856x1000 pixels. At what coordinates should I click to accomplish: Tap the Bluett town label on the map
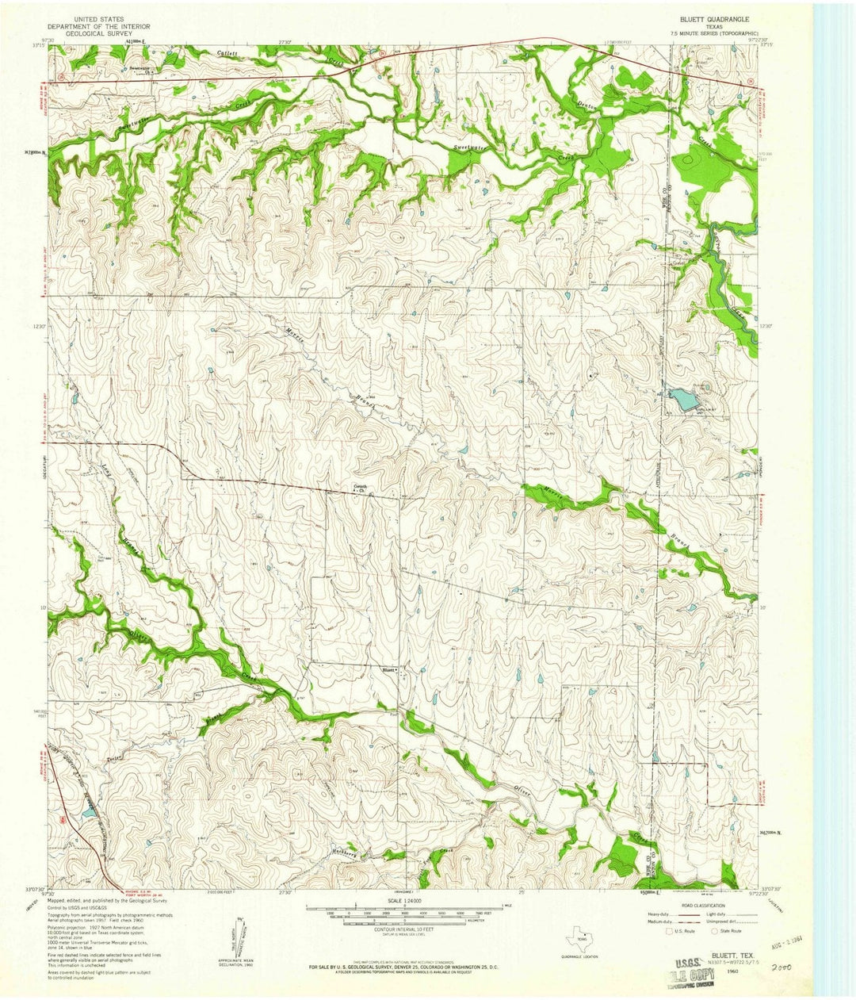click(388, 669)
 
